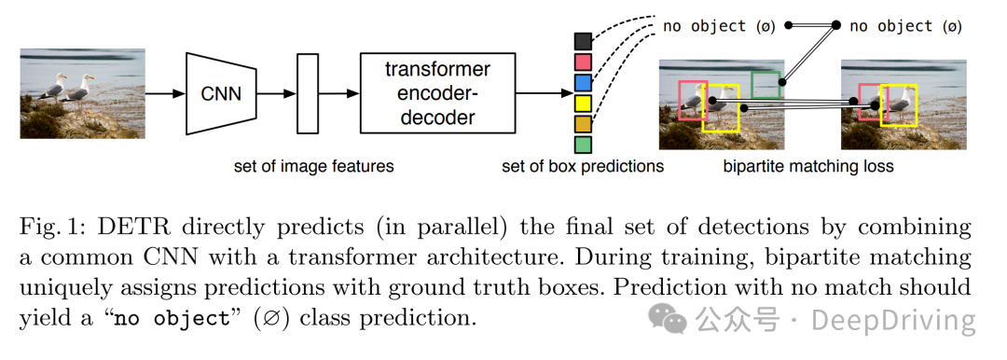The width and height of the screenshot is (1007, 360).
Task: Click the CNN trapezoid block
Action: pyautogui.click(x=221, y=94)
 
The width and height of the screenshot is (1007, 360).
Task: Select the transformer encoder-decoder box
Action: pyautogui.click(x=437, y=93)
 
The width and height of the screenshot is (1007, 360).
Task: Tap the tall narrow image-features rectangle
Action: pyautogui.click(x=308, y=94)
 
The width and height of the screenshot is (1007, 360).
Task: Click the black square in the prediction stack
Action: pyautogui.click(x=583, y=41)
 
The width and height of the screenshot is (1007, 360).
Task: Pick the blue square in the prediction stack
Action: pyautogui.click(x=583, y=82)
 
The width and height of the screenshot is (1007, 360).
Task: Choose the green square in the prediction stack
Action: pyautogui.click(x=583, y=145)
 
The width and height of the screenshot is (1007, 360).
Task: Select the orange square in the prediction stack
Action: pyautogui.click(x=583, y=124)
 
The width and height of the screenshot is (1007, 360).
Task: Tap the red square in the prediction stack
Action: pyautogui.click(x=583, y=62)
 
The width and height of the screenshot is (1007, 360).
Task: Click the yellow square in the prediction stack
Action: pyautogui.click(x=583, y=103)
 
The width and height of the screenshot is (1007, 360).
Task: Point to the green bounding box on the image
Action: pyautogui.click(x=766, y=73)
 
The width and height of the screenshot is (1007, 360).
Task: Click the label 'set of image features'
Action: pyautogui.click(x=313, y=167)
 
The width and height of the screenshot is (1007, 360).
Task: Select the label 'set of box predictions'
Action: pyautogui.click(x=583, y=167)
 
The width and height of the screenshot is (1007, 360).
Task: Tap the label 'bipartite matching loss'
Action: pyautogui.click(x=807, y=167)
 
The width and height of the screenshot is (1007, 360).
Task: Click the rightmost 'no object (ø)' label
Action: pyautogui.click(x=905, y=26)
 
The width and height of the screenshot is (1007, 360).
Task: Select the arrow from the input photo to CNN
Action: pyautogui.click(x=165, y=94)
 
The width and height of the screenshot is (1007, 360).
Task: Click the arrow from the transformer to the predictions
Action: pyautogui.click(x=544, y=94)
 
